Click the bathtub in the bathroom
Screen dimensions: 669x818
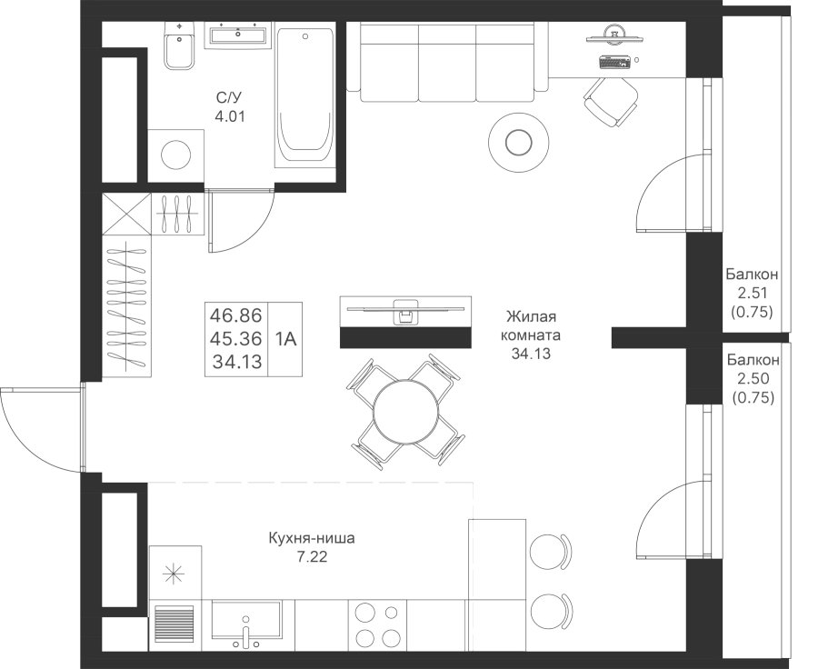305,95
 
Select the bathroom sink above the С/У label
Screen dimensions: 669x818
238,37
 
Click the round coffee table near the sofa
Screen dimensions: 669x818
518,142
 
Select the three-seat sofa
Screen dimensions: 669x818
447,62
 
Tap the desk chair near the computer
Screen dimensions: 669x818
609,101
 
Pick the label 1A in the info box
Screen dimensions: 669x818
286,339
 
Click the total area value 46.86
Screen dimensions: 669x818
236,316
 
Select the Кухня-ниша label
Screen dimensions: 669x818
312,539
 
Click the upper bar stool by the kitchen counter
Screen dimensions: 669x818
550,551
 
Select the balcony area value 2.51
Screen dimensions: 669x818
751,293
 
